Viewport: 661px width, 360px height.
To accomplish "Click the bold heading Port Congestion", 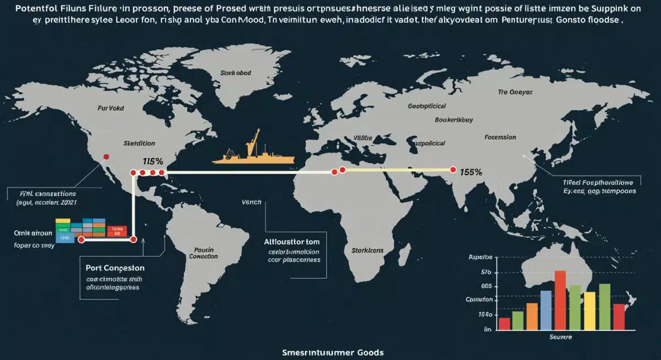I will click(x=115, y=268).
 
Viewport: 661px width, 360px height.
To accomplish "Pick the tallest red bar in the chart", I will click(x=560, y=300).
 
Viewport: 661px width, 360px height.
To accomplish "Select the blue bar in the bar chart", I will click(x=546, y=310).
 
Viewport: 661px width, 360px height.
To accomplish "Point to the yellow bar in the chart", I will click(x=589, y=310).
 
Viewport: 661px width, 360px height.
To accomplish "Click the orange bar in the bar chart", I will click(x=532, y=316).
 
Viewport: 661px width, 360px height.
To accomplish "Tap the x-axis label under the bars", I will click(x=561, y=336).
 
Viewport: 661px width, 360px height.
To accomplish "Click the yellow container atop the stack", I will click(x=63, y=221).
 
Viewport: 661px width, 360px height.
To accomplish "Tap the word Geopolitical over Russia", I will click(x=427, y=105).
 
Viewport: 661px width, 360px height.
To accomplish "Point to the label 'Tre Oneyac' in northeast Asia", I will click(x=515, y=92).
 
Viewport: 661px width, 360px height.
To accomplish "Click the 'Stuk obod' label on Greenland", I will click(x=235, y=73).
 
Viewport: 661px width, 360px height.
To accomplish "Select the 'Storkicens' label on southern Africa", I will click(x=367, y=250).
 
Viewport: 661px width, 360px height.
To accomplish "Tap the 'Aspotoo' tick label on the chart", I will click(x=480, y=258).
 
